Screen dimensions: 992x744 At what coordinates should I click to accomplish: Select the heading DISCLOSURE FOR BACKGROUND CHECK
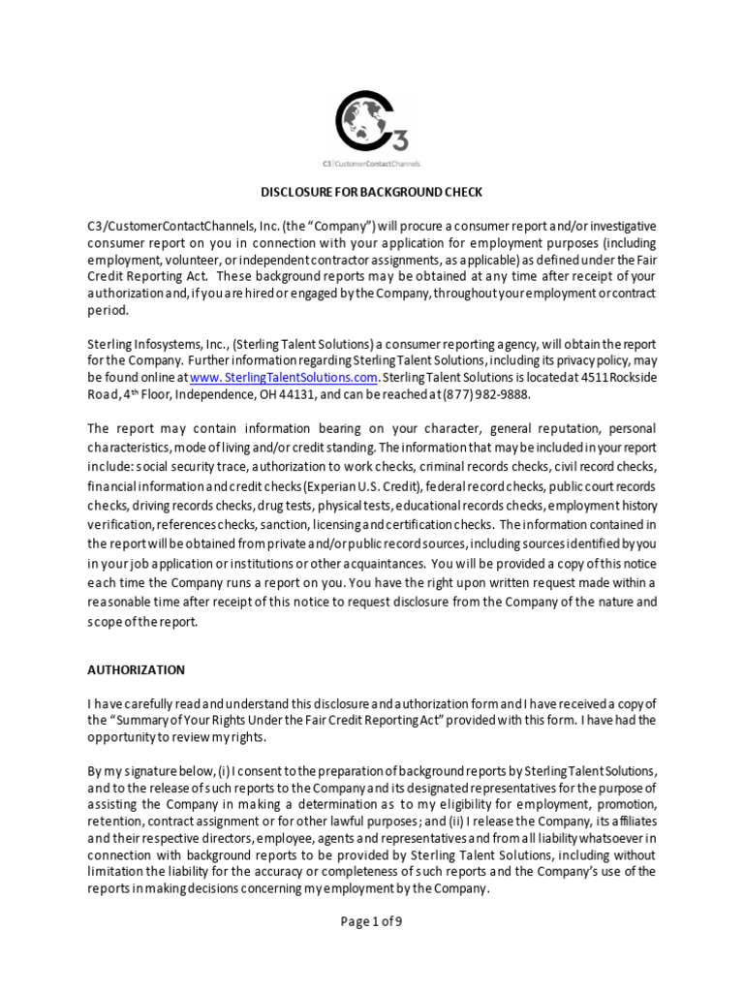coord(372,192)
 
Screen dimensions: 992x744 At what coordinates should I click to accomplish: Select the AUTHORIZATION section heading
coord(136,669)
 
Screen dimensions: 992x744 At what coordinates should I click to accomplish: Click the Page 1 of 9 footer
coord(371,921)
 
